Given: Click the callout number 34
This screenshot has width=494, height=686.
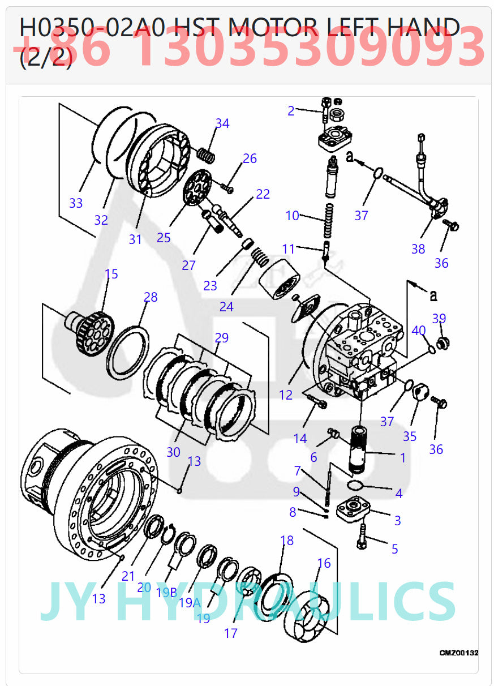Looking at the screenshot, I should [222, 123].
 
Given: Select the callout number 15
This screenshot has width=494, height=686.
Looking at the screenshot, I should [111, 274].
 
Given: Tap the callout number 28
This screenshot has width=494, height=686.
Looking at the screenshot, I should [151, 297].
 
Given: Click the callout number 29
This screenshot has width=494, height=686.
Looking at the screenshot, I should [222, 338].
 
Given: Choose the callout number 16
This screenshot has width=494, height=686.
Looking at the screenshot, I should [324, 563].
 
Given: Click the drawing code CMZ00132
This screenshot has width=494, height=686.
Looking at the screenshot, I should [458, 653].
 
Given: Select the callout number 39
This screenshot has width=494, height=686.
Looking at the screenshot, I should [439, 319].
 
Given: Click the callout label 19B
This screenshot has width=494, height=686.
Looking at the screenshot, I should [167, 593].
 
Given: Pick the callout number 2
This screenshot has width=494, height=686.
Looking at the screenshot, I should [291, 111].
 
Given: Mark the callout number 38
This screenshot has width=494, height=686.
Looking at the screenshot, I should [418, 249].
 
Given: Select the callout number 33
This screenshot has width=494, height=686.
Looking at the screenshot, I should [76, 203].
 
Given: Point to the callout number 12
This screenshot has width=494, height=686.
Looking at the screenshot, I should [286, 395].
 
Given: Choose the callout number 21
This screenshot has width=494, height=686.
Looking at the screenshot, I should [128, 576].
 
